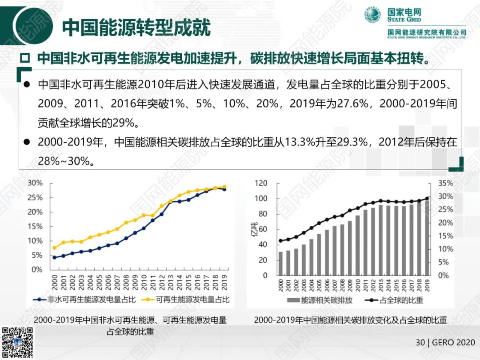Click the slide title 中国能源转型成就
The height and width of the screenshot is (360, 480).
coord(136,27)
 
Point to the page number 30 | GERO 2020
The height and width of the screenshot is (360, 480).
coord(445,343)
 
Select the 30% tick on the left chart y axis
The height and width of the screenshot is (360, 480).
coord(35,183)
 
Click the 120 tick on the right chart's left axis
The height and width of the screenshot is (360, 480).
coord(261,183)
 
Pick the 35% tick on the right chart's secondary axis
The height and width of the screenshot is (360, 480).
coord(445,183)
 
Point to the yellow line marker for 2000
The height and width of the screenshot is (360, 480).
coord(54,248)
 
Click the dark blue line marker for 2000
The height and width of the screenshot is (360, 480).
coord(54,257)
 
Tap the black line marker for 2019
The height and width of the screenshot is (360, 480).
coord(427,199)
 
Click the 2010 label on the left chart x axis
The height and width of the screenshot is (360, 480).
coord(144,283)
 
